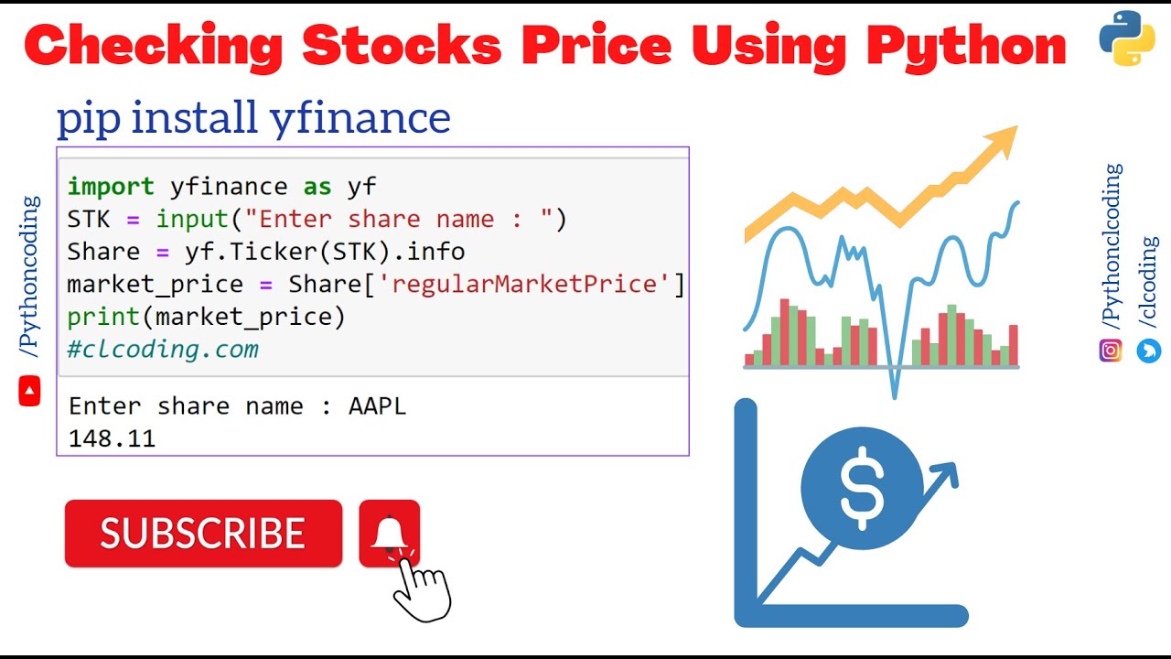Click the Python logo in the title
coord(1126,38)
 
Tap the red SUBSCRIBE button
coord(203,534)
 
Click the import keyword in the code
coord(111,187)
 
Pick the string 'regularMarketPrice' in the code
coord(523,284)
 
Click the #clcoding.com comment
coord(163,349)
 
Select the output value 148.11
coord(112,439)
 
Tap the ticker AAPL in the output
coord(377,406)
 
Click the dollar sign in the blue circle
coord(862,489)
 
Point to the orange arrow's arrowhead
coord(1002,142)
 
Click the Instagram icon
coord(1111,350)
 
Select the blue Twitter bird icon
coord(1149,350)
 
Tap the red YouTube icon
coord(29,392)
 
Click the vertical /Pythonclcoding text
coord(1112,247)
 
